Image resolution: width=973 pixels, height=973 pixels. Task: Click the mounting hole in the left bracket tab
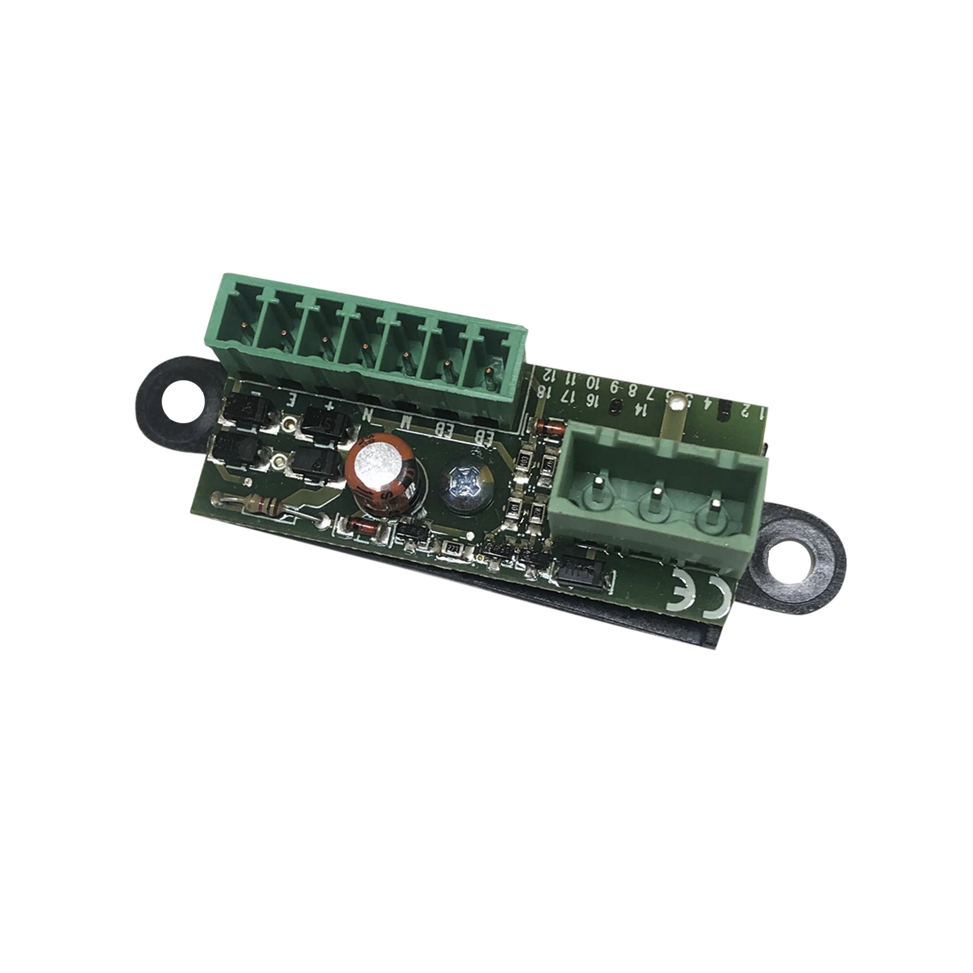tap(182, 402)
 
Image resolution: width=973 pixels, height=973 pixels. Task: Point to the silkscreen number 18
tap(542, 391)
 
